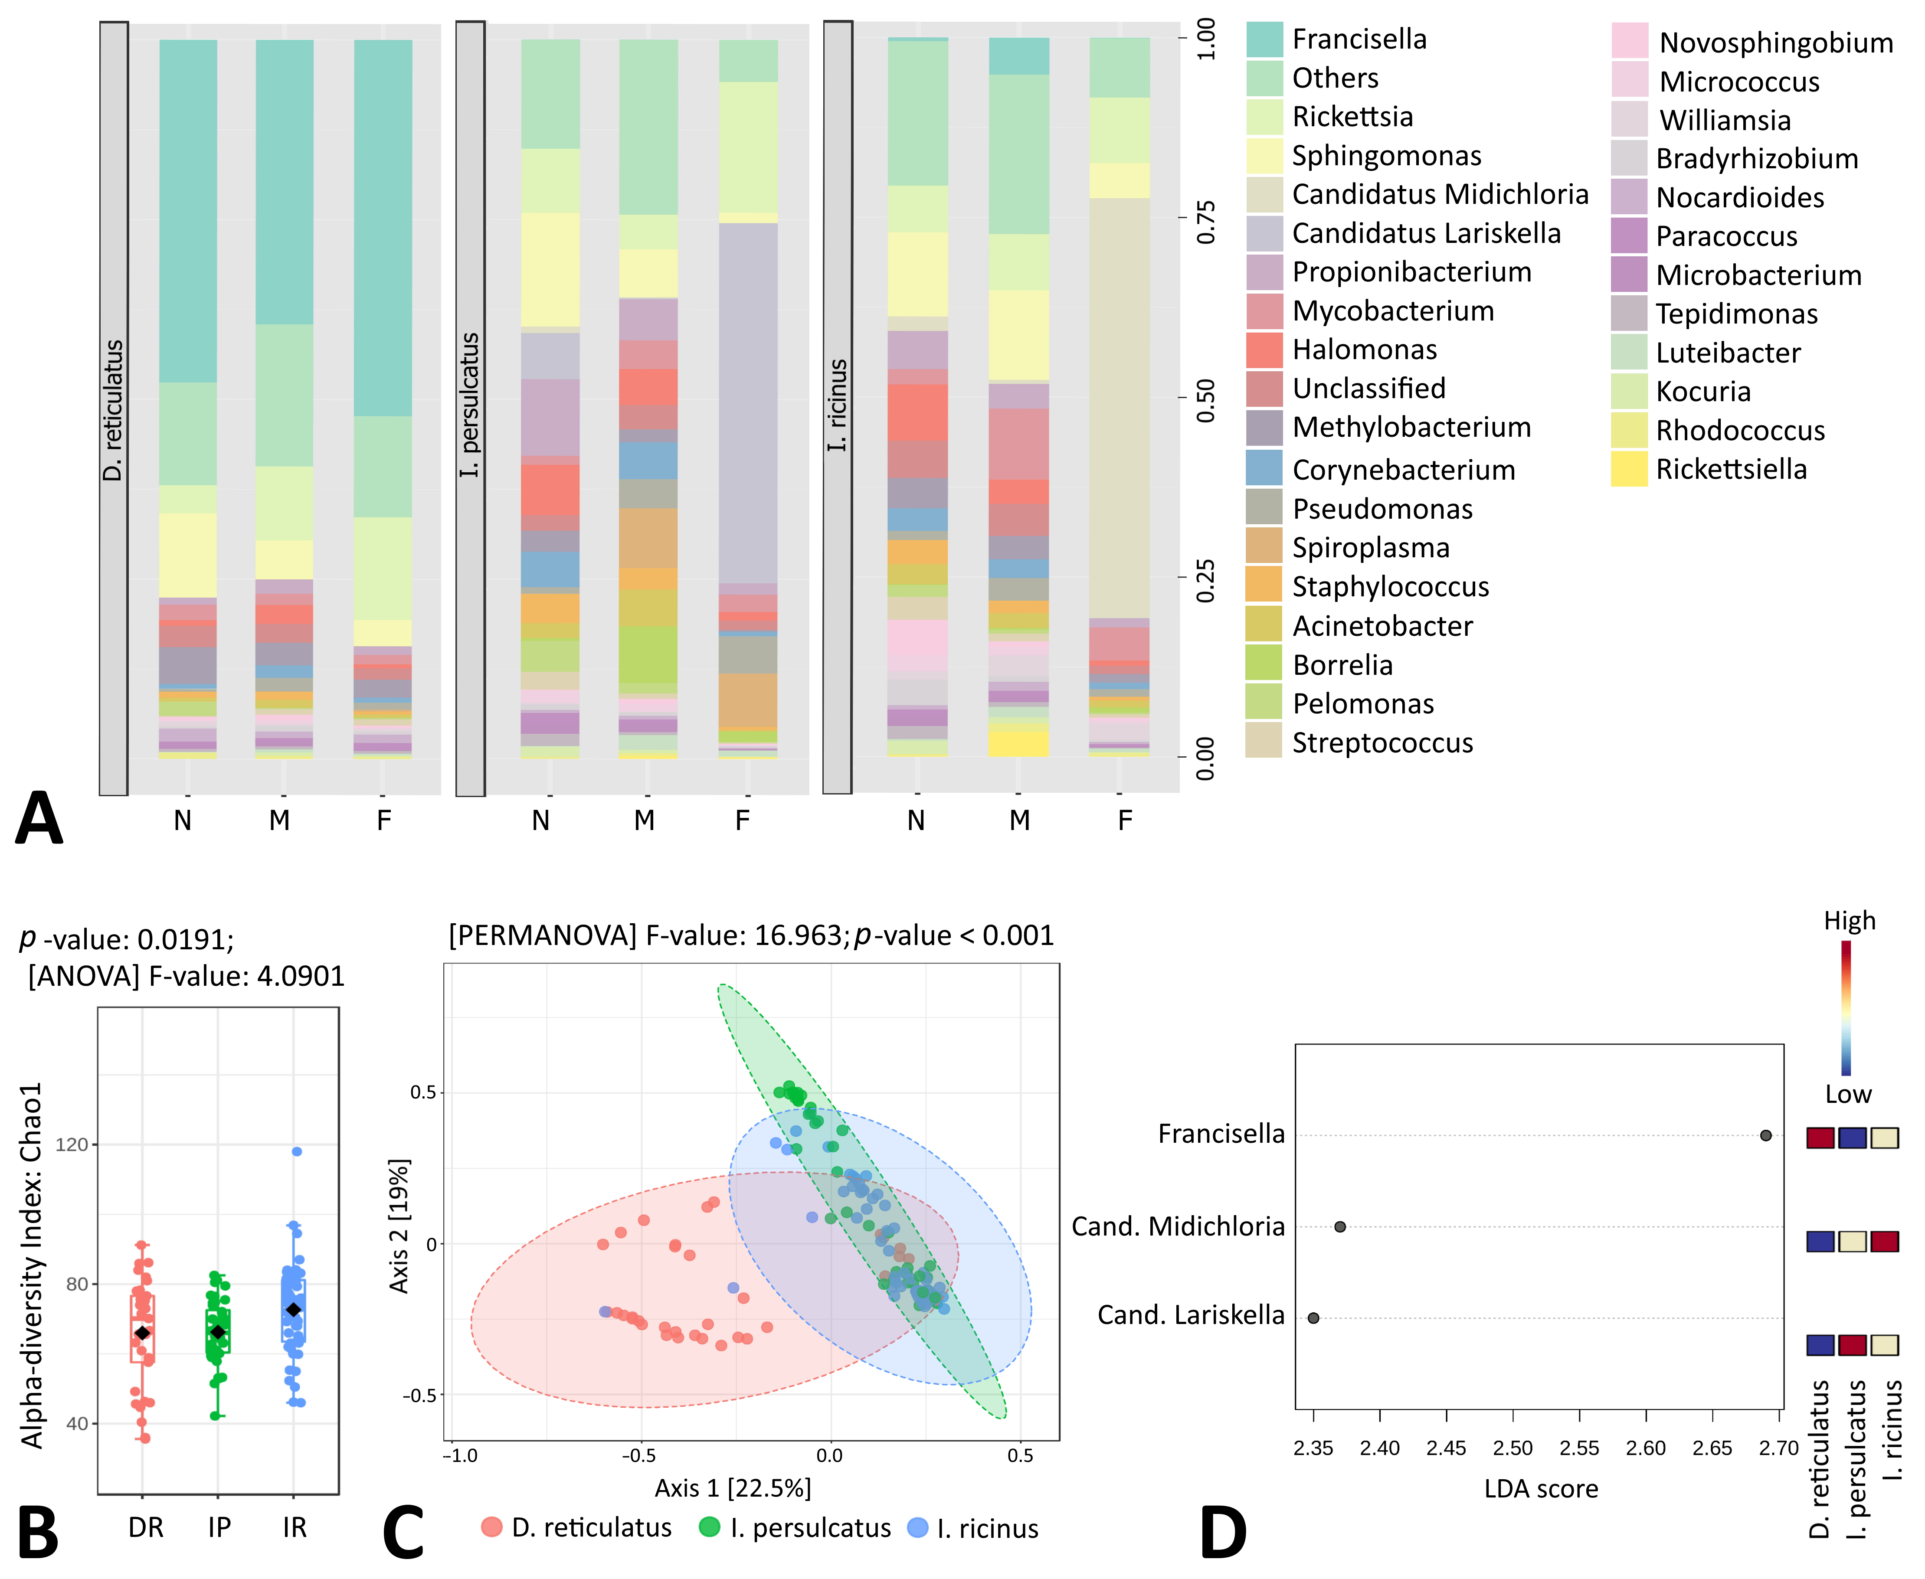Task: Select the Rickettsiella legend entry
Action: point(1730,469)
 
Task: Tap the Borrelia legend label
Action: point(1342,665)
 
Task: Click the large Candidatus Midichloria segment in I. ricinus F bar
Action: point(1119,409)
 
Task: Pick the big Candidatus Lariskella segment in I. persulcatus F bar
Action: point(748,400)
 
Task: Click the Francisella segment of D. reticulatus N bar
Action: point(188,209)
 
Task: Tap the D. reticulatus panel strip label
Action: point(113,409)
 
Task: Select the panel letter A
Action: point(39,819)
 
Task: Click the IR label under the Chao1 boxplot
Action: point(294,1527)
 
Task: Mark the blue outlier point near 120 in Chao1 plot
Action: point(297,1151)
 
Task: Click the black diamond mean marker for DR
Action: point(142,1333)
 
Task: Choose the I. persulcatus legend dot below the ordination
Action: point(710,1527)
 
